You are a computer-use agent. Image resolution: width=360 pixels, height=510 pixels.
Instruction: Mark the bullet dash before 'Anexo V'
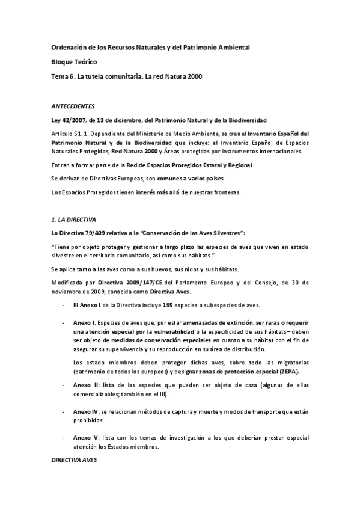pos(64,437)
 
